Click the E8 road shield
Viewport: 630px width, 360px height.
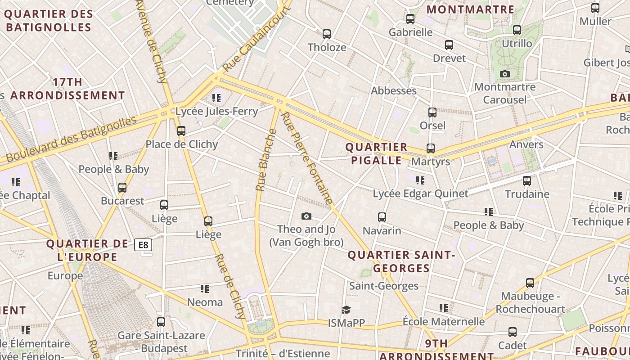[x=143, y=245]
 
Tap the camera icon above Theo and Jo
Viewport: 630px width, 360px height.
[x=306, y=216]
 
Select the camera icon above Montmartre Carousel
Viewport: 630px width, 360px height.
[x=505, y=74]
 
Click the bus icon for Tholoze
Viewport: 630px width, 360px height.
[x=327, y=34]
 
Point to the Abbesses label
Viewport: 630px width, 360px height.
[x=393, y=90]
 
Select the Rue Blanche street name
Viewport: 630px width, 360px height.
[x=266, y=160]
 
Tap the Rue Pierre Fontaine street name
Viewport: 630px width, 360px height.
[x=307, y=158]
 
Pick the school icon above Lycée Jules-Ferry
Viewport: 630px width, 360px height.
[x=216, y=98]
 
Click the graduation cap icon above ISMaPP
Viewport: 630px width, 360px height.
[x=346, y=310]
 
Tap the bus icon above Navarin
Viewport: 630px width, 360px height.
[x=382, y=217]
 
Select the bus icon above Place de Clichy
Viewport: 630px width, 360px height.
[x=181, y=131]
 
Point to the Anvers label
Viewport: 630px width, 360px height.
[x=526, y=144]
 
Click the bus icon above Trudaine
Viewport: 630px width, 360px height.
[x=527, y=181]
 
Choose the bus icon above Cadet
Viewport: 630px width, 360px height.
[x=513, y=332]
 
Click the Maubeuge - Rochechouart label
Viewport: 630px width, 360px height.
[x=530, y=302]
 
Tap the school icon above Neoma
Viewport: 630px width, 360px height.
[x=205, y=288]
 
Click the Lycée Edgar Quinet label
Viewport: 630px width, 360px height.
[x=420, y=193]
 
